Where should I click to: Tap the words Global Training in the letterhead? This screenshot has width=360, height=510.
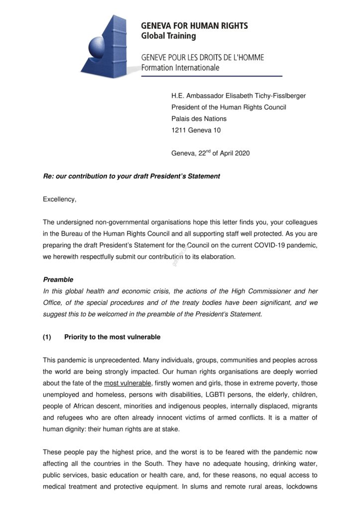click(168, 36)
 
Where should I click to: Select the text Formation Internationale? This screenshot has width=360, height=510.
click(180, 67)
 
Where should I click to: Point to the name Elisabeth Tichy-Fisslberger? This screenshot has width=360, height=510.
click(263, 95)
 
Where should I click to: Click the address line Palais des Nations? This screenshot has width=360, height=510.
click(199, 119)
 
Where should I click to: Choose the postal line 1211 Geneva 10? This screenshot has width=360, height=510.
click(196, 130)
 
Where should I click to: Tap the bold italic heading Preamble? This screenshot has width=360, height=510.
click(58, 280)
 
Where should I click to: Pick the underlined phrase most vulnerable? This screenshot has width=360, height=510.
click(127, 383)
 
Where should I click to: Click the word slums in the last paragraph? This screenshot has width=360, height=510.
click(201, 486)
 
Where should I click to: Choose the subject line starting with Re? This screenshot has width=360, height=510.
click(131, 176)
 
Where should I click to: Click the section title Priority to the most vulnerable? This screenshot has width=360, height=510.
click(113, 337)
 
